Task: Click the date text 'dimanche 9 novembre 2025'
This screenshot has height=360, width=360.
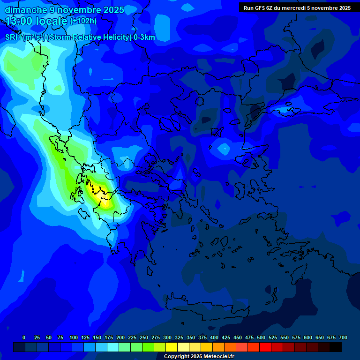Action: point(64,10)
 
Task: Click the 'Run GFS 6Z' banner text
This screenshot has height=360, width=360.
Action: point(258,8)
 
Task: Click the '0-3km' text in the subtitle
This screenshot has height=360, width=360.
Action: point(144,37)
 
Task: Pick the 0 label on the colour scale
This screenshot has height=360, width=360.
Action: point(24,337)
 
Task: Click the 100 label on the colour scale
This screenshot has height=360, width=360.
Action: point(74,337)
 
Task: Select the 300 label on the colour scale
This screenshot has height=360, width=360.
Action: point(167,337)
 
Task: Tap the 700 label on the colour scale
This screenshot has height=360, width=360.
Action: point(343,337)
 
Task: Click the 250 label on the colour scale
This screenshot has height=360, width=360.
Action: point(144,337)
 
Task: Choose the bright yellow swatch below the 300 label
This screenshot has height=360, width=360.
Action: point(172,347)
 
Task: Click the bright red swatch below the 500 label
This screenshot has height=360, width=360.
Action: point(265,347)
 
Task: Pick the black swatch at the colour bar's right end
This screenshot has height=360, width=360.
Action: point(336,347)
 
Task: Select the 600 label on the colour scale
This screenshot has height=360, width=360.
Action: point(308,337)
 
